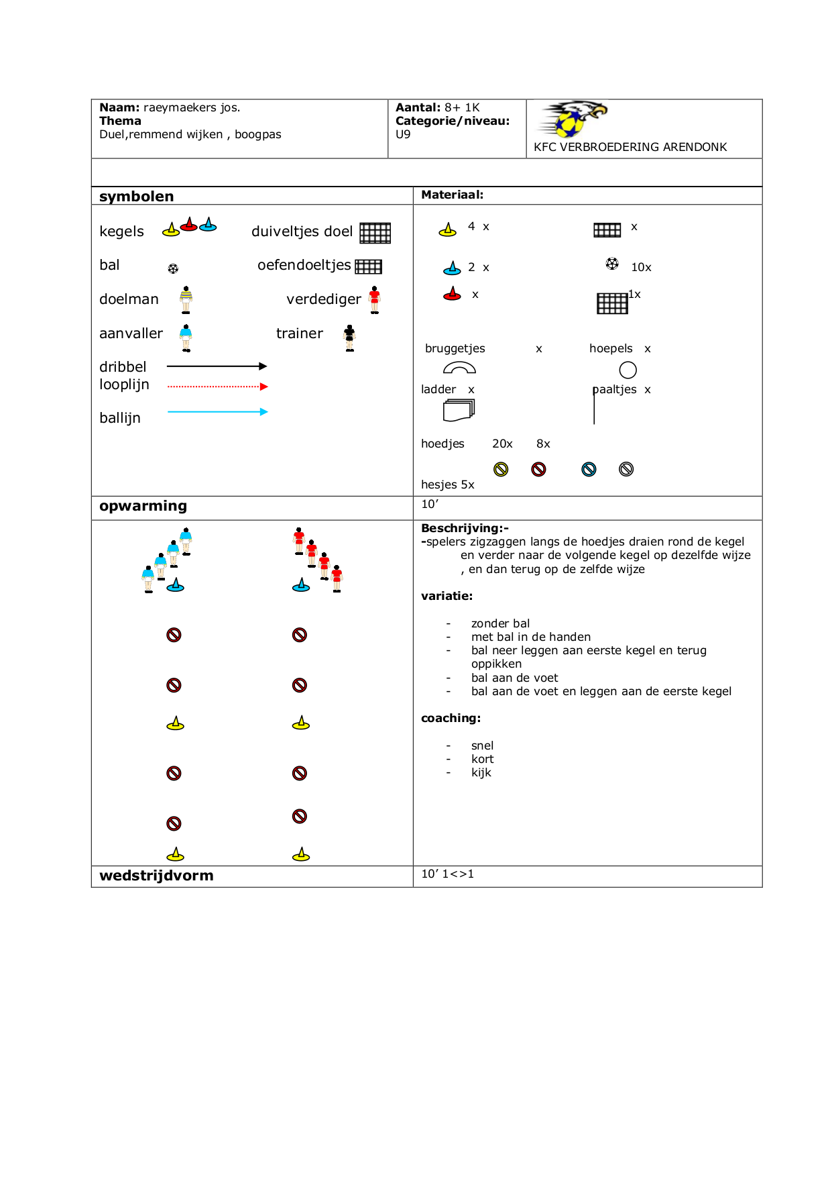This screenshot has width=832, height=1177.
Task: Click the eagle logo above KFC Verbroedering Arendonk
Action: [x=574, y=119]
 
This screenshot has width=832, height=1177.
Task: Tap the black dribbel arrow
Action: [x=217, y=366]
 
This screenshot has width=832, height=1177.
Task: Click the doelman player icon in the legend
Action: [x=186, y=299]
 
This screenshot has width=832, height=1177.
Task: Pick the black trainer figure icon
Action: [x=349, y=338]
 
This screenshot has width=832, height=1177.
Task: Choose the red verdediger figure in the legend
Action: [x=374, y=299]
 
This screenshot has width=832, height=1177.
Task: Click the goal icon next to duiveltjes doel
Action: [x=375, y=233]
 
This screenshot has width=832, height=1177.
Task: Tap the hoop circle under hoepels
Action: [x=628, y=370]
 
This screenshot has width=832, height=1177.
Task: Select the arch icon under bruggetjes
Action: [x=459, y=368]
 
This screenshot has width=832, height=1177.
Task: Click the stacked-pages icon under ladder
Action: [x=459, y=410]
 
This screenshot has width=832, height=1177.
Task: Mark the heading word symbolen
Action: [x=136, y=197]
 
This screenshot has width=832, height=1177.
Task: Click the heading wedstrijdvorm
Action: [x=156, y=876]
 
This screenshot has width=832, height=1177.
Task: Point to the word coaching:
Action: [x=451, y=718]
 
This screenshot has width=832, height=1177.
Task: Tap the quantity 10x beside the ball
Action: [x=641, y=268]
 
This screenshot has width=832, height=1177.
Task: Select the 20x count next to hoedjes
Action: [x=502, y=444]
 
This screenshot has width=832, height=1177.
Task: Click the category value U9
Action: [x=403, y=134]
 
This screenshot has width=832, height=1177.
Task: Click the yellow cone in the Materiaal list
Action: [x=447, y=230]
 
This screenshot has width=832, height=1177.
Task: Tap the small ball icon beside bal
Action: [x=173, y=268]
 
